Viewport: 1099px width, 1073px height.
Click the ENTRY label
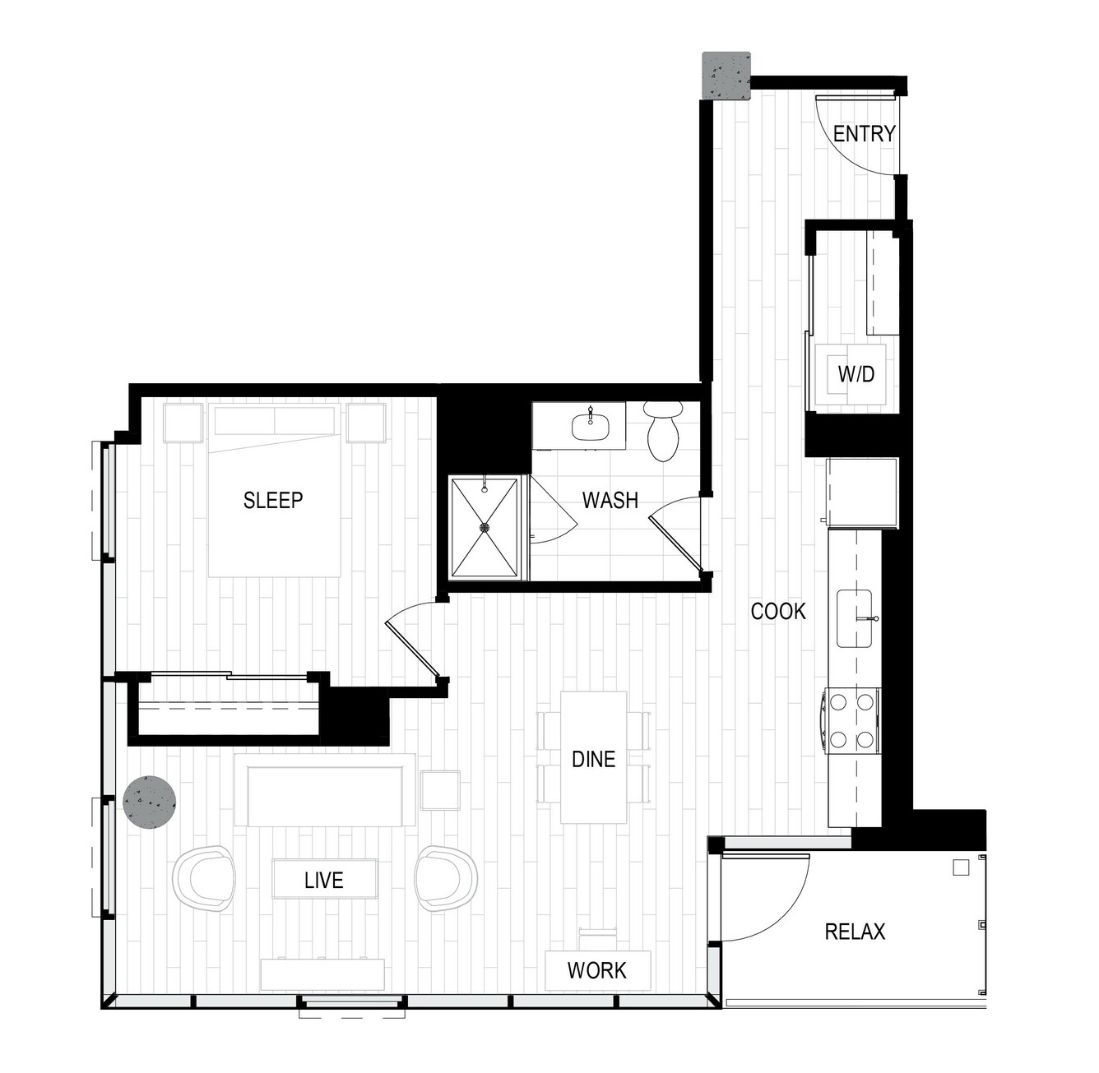click(864, 134)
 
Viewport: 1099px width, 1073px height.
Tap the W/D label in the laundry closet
click(856, 373)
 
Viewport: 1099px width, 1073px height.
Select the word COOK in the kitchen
click(778, 611)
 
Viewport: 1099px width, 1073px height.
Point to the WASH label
click(610, 500)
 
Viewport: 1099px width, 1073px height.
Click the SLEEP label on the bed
click(273, 500)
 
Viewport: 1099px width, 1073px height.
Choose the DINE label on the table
click(594, 759)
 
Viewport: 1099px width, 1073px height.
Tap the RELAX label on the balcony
click(855, 932)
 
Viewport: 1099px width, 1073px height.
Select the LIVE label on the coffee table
click(323, 880)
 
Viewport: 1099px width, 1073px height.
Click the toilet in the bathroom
click(663, 431)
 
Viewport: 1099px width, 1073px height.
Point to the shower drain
click(485, 527)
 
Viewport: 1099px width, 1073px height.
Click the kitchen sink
click(854, 618)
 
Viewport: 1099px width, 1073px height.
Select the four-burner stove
click(851, 720)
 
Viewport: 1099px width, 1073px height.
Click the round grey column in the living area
click(150, 802)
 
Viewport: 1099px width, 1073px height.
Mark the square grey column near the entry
click(726, 76)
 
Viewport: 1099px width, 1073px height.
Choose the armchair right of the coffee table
click(446, 877)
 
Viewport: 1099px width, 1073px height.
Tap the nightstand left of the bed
click(183, 422)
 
